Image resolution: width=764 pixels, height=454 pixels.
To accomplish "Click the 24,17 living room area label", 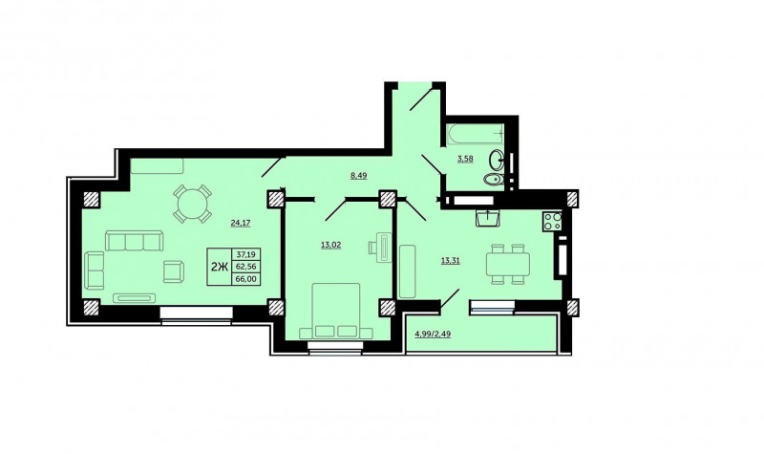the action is (x=241, y=223).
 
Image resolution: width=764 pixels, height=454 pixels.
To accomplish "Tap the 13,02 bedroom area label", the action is (x=330, y=245).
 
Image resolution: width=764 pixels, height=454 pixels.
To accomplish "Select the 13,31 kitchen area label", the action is (x=450, y=260).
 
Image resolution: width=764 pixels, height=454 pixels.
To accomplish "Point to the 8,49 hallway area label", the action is (x=359, y=176).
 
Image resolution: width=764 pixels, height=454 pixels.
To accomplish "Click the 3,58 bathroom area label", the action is (x=465, y=159).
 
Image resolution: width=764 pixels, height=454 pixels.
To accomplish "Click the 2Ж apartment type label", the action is (x=220, y=267).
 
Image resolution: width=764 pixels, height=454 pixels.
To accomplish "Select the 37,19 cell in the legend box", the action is (x=247, y=254).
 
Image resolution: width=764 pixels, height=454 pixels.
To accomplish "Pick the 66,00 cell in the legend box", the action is (x=247, y=278).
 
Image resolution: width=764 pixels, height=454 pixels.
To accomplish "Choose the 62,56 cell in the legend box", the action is (x=247, y=267).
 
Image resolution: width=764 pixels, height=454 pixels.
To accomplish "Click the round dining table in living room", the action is (x=192, y=204).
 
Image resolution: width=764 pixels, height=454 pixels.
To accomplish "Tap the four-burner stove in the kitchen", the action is (x=553, y=221).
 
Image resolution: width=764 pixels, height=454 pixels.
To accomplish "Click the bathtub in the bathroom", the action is (x=474, y=135).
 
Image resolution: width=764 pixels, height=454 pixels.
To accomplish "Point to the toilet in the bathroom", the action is (x=494, y=179).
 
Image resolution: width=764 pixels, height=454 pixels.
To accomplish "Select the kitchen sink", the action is (x=487, y=218).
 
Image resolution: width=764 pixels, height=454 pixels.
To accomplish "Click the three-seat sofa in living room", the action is (x=134, y=241).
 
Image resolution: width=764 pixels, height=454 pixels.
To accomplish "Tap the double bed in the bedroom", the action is (x=336, y=312).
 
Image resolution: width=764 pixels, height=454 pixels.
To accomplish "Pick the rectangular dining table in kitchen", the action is (x=508, y=264).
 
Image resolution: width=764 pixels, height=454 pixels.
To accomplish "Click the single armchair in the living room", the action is (x=174, y=271).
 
